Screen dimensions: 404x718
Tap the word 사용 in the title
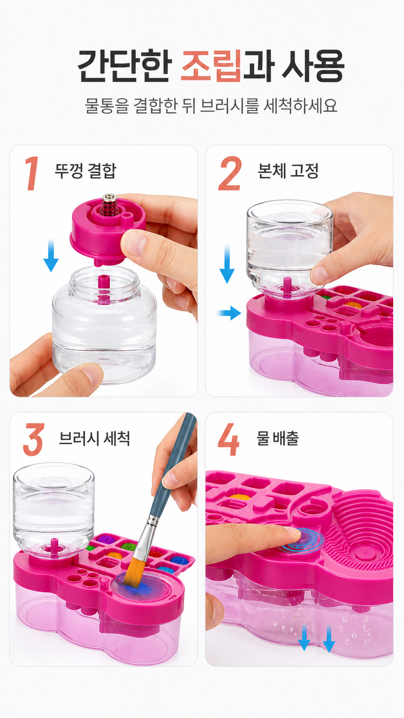(x=313, y=66)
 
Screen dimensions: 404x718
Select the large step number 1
(x=32, y=173)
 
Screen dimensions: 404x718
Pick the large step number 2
(x=230, y=173)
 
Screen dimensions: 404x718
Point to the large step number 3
(x=34, y=439)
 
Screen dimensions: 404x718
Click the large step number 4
(x=229, y=439)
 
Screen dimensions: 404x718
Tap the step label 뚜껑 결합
(x=86, y=171)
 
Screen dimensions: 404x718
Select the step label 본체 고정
(x=288, y=171)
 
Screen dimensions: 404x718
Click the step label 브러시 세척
(x=94, y=438)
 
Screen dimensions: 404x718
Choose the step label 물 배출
(x=278, y=438)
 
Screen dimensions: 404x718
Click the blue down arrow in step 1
(x=51, y=255)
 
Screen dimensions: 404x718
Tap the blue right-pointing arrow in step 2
(x=229, y=313)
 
